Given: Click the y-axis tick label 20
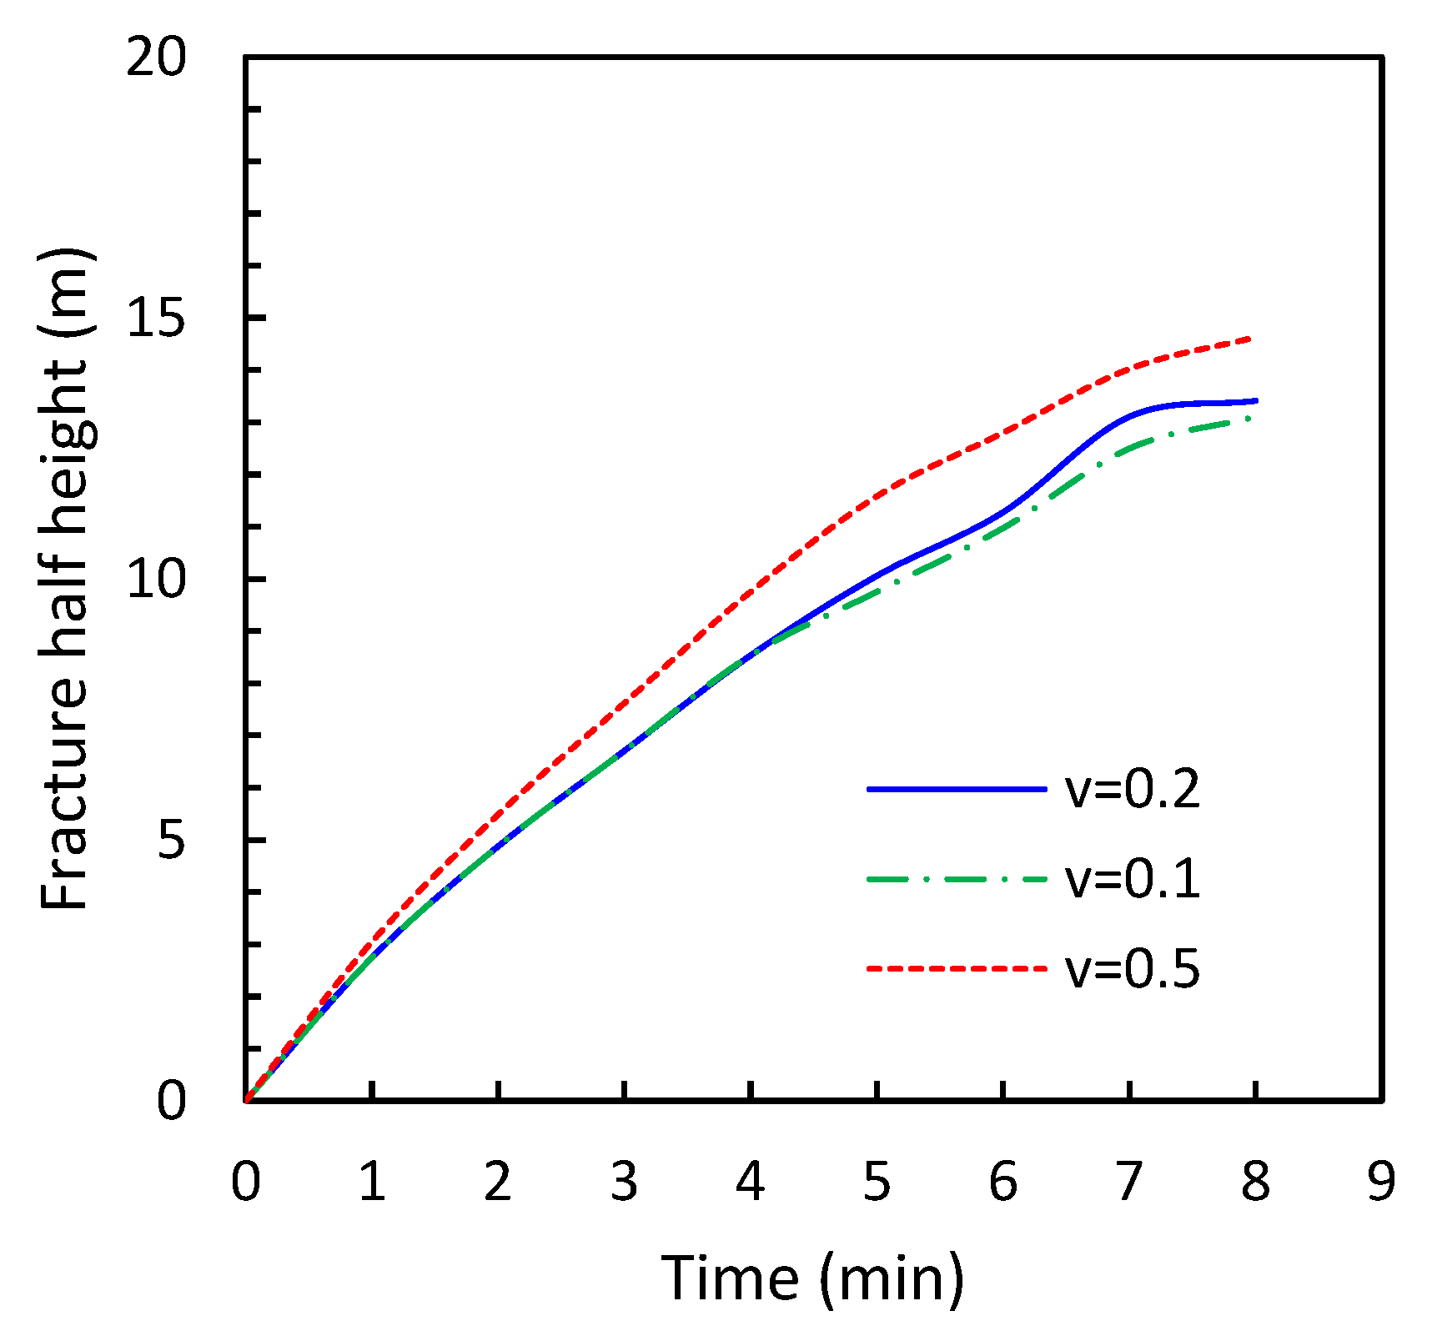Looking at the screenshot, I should (155, 59).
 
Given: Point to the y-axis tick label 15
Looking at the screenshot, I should (155, 319).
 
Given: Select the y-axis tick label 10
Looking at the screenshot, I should (155, 580).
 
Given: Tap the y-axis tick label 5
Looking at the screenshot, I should (170, 841).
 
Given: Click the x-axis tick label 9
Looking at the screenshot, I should (1381, 1182).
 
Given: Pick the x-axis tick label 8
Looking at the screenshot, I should (1255, 1182).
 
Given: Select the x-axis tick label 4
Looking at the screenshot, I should (751, 1182).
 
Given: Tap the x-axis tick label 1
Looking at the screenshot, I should (372, 1182).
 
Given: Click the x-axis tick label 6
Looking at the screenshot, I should (1002, 1182).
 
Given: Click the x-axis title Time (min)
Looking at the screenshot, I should (813, 1278).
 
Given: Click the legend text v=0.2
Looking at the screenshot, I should (1132, 789).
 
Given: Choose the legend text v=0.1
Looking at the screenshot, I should (1132, 879).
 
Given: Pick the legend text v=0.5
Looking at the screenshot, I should (1132, 969).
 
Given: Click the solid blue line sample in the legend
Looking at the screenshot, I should (957, 789).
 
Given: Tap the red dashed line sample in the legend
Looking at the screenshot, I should (957, 969).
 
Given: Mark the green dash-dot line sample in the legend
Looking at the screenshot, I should (957, 879).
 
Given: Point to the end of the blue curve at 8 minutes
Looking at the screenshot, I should (1254, 401).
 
